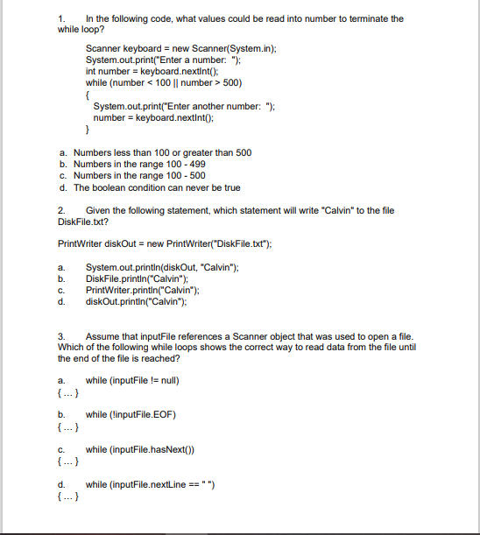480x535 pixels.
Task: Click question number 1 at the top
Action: pos(61,18)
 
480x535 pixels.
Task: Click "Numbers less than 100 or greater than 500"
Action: pos(162,152)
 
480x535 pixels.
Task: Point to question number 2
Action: pos(61,210)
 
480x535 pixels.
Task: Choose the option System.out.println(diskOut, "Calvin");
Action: pos(162,267)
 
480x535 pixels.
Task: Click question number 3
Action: pos(61,336)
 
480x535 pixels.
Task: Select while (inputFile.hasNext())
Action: pos(144,447)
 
